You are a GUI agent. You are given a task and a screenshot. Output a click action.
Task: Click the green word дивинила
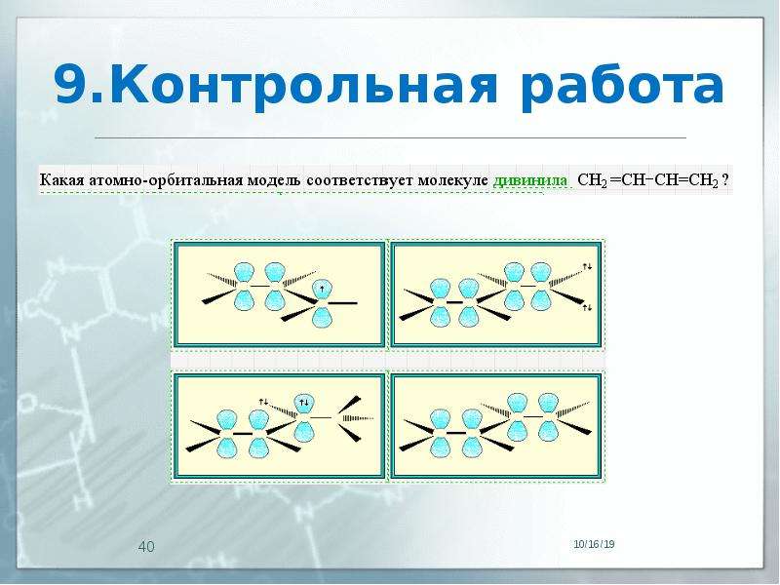529,180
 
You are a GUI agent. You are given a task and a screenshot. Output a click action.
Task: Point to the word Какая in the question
61,180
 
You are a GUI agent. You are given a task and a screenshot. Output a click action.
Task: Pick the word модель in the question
276,180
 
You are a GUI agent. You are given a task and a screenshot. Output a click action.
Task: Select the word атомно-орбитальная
167,180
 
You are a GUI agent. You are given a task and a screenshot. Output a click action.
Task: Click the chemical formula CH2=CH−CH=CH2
647,180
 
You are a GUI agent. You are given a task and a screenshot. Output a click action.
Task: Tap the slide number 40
146,547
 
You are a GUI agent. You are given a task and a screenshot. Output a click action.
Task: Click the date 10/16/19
594,544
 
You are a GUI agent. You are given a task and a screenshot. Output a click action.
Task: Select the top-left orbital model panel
279,294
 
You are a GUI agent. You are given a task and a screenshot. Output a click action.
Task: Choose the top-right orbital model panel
496,294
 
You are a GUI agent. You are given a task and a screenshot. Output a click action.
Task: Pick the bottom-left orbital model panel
279,426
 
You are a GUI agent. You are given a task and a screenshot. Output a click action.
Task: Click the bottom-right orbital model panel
496,426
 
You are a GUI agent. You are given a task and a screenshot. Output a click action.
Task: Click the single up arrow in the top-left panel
323,288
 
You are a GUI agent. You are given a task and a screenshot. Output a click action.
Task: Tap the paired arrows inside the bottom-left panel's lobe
303,402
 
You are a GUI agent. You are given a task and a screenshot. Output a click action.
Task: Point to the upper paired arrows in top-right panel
588,267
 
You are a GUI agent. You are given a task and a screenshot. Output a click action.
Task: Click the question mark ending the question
725,179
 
